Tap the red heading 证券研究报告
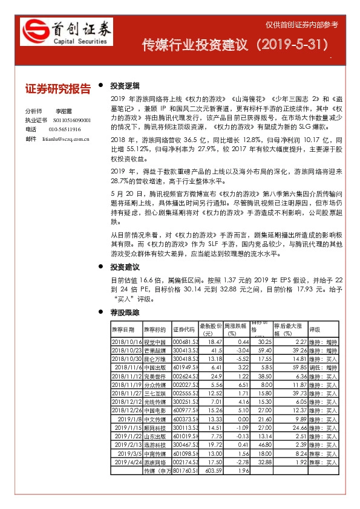pyautogui.click(x=58, y=89)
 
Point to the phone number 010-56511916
pyautogui.click(x=65, y=129)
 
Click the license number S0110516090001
pyautogui.click(x=68, y=120)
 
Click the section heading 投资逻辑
pyautogui.click(x=125, y=86)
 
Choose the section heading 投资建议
pyautogui.click(x=125, y=267)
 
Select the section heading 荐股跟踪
pyautogui.click(x=125, y=313)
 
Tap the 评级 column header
pyautogui.click(x=315, y=329)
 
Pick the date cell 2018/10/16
pyautogui.click(x=126, y=342)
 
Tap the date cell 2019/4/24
pyautogui.click(x=129, y=461)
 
